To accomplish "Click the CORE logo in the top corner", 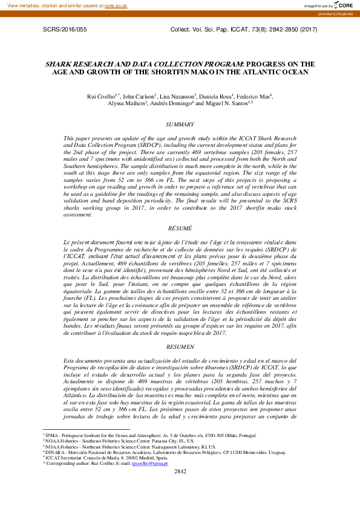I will pos(340,5).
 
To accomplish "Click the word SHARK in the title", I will pos(61,63).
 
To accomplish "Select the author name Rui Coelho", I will pos(100,96).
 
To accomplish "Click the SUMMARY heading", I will pos(180,125).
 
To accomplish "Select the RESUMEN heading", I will pos(180,347).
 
